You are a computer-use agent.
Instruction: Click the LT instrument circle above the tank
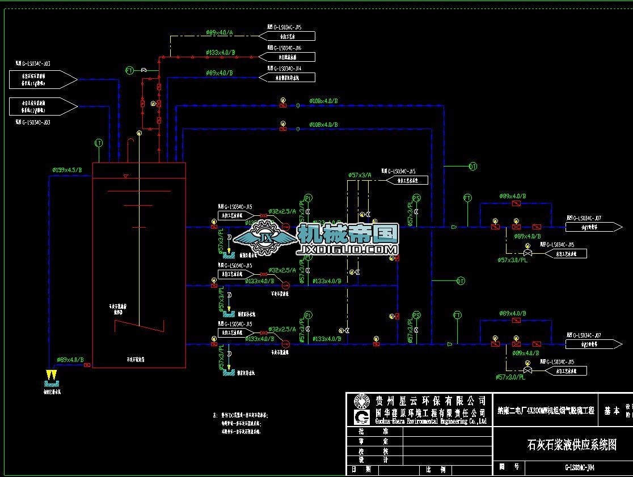pos(99,143)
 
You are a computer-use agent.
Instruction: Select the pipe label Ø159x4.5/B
pos(67,169)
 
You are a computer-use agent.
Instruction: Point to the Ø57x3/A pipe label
pos(360,175)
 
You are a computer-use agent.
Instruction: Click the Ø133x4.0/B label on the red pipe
pos(220,53)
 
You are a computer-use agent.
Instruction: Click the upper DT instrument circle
pos(472,166)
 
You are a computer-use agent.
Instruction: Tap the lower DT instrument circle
pos(461,281)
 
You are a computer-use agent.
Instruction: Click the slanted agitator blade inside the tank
pos(139,326)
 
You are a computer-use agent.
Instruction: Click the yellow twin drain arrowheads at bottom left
pos(52,375)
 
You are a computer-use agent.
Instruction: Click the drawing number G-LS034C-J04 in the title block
pos(579,468)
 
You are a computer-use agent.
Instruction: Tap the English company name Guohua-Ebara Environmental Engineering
pos(431,421)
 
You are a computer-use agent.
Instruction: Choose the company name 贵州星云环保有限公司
pos(431,401)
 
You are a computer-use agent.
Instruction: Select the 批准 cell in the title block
pos(374,431)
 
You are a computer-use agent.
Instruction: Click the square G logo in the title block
pos(361,418)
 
